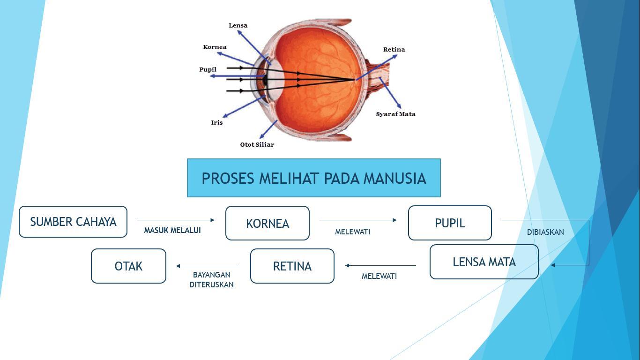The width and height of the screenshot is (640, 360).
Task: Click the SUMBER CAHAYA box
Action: (x=73, y=222)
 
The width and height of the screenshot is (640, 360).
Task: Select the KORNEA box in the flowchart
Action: (x=268, y=223)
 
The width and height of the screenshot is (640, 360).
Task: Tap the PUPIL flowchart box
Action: (x=450, y=223)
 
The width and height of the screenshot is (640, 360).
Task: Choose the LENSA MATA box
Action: (x=484, y=262)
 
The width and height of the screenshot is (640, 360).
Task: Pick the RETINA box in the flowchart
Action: (x=292, y=266)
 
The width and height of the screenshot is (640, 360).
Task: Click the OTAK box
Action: (x=128, y=266)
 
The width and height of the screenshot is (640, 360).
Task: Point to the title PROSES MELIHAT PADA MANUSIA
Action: (x=314, y=178)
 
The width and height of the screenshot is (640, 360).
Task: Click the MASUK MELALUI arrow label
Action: (x=172, y=230)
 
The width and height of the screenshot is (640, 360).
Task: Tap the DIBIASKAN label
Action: (x=545, y=232)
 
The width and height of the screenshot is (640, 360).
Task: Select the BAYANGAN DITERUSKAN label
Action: (x=212, y=279)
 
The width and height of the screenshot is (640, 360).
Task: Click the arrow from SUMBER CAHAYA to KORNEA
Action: (x=176, y=220)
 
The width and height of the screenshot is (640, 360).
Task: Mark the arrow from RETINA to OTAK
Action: (x=208, y=266)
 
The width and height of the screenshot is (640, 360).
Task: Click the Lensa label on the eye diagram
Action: (x=238, y=25)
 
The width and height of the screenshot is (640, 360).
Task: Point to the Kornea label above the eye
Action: (x=215, y=47)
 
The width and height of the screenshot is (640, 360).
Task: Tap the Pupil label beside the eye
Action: (x=208, y=69)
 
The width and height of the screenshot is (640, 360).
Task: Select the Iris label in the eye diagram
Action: (x=217, y=123)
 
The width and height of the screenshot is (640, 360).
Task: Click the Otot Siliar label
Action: (x=257, y=145)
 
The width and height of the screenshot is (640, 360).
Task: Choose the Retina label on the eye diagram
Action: (x=394, y=50)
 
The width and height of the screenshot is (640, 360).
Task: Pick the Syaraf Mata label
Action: (x=396, y=114)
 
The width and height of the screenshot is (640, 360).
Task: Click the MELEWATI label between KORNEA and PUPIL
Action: (x=353, y=232)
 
